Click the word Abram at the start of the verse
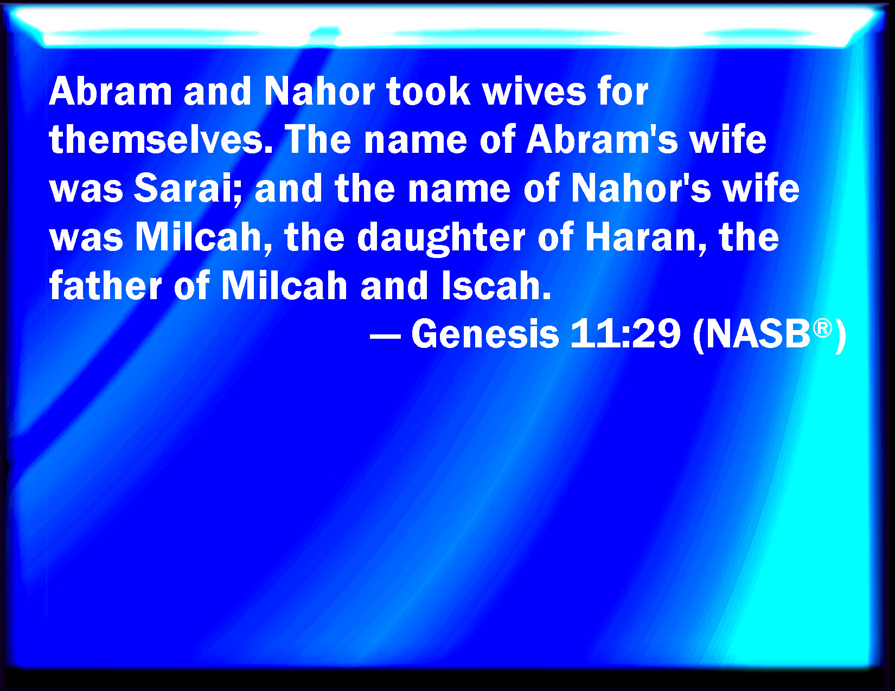(x=110, y=91)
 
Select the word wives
(x=534, y=91)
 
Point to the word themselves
(x=161, y=139)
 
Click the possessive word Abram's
(x=602, y=139)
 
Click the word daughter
(x=441, y=238)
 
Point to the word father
(x=105, y=285)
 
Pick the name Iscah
(x=496, y=285)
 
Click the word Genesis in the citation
(x=485, y=334)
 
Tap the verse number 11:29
(x=625, y=334)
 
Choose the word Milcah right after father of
(x=284, y=285)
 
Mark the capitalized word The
(x=317, y=139)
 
